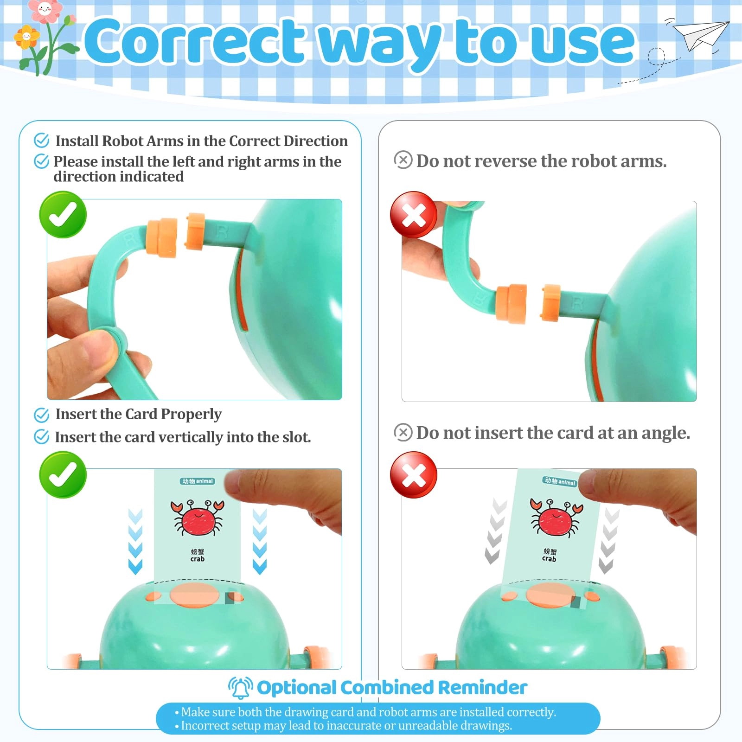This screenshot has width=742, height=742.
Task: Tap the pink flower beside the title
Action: [x=44, y=10]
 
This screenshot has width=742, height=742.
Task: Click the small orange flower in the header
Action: [x=27, y=37]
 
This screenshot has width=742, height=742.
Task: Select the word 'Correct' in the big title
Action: [x=195, y=42]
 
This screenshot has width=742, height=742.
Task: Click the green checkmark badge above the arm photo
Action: [x=63, y=215]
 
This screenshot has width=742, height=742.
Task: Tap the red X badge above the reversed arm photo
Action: [x=414, y=215]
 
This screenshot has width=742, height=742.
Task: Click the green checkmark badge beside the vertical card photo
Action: [x=63, y=475]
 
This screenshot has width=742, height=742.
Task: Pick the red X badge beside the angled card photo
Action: [x=414, y=475]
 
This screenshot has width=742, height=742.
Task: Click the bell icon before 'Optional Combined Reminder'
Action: [x=240, y=687]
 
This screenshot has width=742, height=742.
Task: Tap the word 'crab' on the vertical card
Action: [x=198, y=559]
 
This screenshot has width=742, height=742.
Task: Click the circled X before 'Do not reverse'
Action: [x=403, y=160]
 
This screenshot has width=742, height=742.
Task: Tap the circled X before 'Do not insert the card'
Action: [x=403, y=432]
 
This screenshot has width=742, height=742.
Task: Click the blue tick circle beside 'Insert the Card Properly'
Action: [x=42, y=415]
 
